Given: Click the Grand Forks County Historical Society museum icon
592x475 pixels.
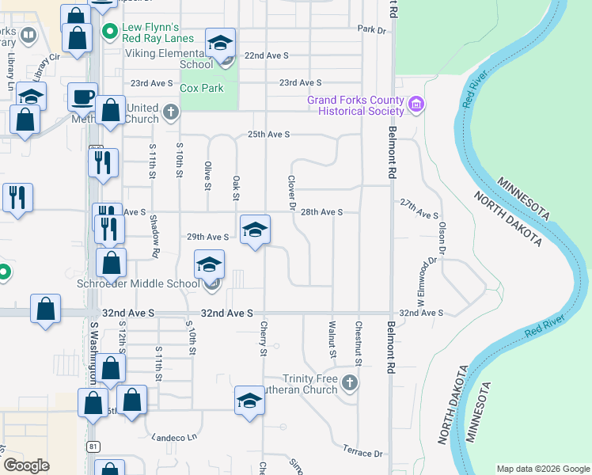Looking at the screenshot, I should click(416, 104).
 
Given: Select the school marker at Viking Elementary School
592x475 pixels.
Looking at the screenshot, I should click(221, 42).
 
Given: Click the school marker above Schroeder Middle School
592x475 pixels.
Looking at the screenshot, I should click(210, 264).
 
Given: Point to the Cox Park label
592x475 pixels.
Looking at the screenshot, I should click(202, 89).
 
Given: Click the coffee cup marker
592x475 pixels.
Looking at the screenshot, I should click(82, 97).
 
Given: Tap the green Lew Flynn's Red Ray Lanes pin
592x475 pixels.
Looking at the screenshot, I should click(109, 32).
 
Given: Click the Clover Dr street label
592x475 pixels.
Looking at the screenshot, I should click(292, 193).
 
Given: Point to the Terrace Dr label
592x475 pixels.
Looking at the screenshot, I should click(362, 454).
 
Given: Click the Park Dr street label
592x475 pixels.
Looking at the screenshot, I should click(370, 29).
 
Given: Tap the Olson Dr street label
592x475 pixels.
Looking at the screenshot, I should click(442, 236).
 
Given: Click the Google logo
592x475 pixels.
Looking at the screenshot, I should click(27, 465).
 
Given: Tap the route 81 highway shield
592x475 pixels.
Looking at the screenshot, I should click(94, 447).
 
